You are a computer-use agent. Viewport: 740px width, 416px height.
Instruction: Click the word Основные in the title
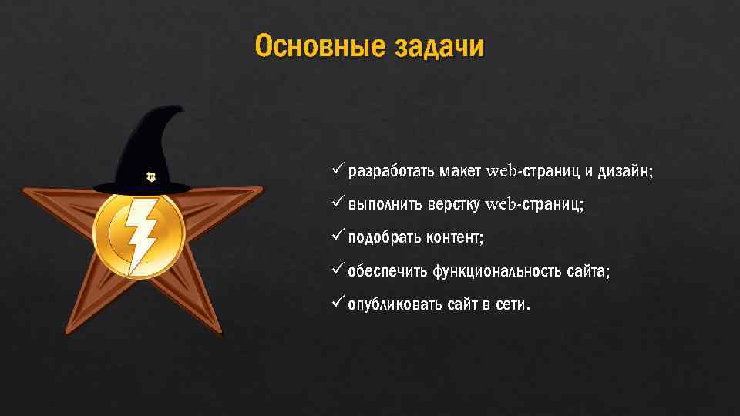coord(319,47)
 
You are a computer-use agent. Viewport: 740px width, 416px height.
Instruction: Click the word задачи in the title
coord(439,47)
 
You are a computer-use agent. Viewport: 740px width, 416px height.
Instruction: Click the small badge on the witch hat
coord(150,176)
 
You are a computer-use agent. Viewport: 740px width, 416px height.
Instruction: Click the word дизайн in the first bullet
coord(624,170)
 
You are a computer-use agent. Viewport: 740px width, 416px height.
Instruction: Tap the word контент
coord(455,238)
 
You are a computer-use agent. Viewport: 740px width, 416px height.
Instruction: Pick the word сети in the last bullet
coord(510,305)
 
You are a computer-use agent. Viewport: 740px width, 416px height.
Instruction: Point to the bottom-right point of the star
coord(221,334)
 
